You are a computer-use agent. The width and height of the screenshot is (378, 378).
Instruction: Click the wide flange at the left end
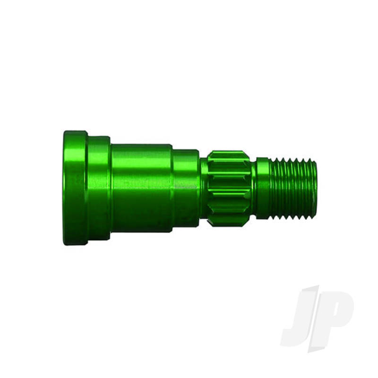click(x=75, y=188)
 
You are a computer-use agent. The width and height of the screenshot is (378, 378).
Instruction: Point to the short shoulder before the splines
click(x=185, y=188)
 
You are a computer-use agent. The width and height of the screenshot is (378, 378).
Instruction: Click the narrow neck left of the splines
click(x=204, y=188)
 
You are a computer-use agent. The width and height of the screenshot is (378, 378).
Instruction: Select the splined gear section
click(x=229, y=188)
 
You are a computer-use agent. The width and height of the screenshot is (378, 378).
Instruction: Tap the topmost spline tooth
click(x=229, y=154)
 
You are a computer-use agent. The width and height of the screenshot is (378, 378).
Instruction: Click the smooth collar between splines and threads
click(x=262, y=188)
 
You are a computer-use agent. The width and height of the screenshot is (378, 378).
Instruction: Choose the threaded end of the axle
click(x=294, y=188)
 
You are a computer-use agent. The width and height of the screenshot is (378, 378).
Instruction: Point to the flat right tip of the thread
click(x=315, y=188)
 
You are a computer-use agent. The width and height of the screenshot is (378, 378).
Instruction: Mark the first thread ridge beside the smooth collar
click(x=273, y=188)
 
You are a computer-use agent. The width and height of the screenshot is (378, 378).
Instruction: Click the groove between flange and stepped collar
click(x=87, y=188)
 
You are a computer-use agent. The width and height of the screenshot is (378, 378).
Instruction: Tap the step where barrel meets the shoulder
click(x=172, y=188)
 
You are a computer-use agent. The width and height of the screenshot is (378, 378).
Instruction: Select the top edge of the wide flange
click(x=75, y=132)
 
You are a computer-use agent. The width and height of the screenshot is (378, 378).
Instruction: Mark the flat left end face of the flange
click(x=64, y=188)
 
